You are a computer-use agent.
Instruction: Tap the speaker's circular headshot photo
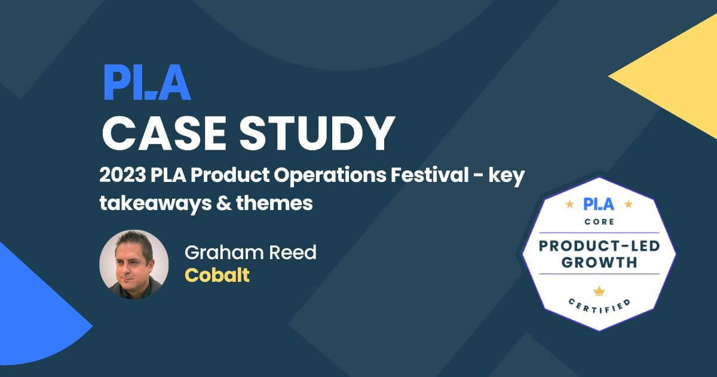pyautogui.click(x=134, y=264)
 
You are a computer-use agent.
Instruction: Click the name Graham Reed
pyautogui.click(x=250, y=253)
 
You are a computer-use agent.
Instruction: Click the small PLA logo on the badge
pyautogui.click(x=599, y=204)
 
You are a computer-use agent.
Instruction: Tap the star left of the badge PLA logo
pyautogui.click(x=569, y=205)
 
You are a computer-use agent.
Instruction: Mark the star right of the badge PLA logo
pyautogui.click(x=628, y=205)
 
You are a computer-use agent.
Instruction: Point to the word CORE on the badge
pyautogui.click(x=599, y=222)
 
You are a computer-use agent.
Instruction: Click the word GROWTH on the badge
pyautogui.click(x=599, y=262)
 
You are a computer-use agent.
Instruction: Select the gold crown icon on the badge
pyautogui.click(x=599, y=290)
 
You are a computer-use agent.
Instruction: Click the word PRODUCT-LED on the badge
pyautogui.click(x=599, y=246)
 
